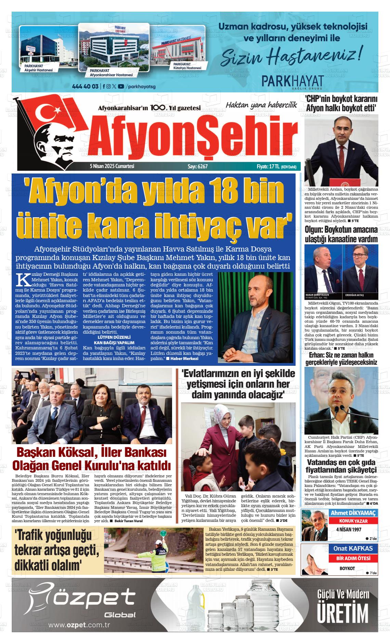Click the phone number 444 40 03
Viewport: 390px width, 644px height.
[85, 86]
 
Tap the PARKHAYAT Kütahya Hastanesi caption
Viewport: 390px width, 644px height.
[187, 66]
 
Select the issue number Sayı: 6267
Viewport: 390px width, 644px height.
[197, 166]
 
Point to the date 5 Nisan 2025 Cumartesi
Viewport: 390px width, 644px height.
[112, 166]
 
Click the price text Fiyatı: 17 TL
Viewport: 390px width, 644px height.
[268, 167]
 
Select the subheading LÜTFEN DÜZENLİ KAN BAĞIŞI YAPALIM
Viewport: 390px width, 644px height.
[114, 340]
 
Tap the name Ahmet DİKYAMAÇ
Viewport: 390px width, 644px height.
[353, 513]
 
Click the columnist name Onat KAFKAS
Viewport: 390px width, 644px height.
[353, 549]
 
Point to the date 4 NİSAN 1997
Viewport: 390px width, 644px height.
[349, 529]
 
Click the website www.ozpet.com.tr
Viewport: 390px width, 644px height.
[79, 625]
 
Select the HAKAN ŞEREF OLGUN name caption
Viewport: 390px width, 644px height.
[317, 295]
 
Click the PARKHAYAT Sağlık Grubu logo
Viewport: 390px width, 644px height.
[292, 82]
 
